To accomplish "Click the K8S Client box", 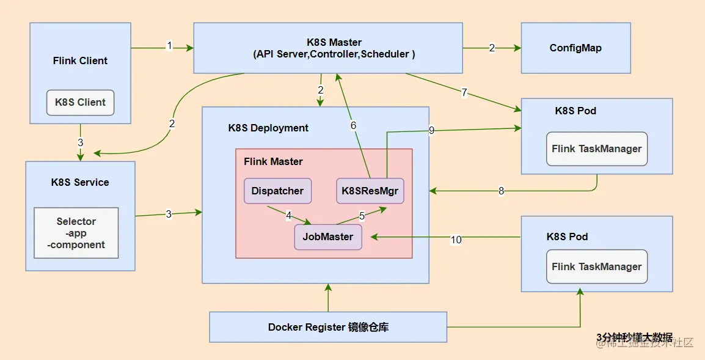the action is pyautogui.click(x=81, y=103).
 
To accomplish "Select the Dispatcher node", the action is pyautogui.click(x=278, y=191).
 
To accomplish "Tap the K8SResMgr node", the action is pyautogui.click(x=370, y=191).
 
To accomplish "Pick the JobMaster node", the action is pyautogui.click(x=328, y=237).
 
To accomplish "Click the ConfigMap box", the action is pyautogui.click(x=576, y=48).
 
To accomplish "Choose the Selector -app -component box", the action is pyautogui.click(x=76, y=233).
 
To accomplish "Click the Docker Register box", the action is pyautogui.click(x=328, y=327).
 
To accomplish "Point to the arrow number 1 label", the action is pyautogui.click(x=169, y=45).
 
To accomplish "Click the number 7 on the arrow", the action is pyautogui.click(x=464, y=93).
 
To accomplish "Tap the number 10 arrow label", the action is pyautogui.click(x=456, y=240).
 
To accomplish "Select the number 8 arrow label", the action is pyautogui.click(x=502, y=191).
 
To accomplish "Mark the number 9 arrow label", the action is pyautogui.click(x=432, y=131).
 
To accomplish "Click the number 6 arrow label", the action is pyautogui.click(x=353, y=125).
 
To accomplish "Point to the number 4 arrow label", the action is pyautogui.click(x=288, y=216).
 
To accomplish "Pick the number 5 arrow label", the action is pyautogui.click(x=362, y=216).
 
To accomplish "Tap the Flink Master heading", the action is pyautogui.click(x=273, y=161).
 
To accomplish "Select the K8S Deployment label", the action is pyautogui.click(x=268, y=128).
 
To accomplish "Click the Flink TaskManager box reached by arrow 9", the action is pyautogui.click(x=597, y=149).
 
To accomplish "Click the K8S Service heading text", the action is pyautogui.click(x=80, y=182).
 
